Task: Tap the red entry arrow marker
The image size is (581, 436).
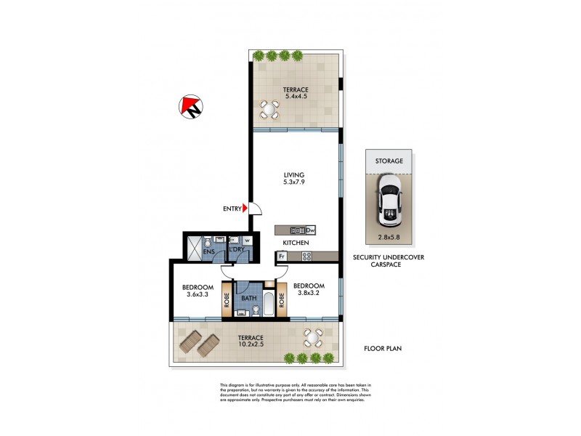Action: coord(245,209)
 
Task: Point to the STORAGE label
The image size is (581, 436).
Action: coord(389,161)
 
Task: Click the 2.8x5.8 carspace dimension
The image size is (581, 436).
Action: coord(390,237)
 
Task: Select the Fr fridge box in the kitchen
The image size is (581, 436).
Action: coord(280,256)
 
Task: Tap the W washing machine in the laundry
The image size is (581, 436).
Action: coord(247,241)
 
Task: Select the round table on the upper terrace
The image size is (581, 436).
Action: coord(269,110)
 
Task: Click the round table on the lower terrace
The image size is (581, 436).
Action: coord(312,337)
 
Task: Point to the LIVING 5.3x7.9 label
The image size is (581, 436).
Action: coord(294,179)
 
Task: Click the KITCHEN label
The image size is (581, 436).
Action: coord(296,243)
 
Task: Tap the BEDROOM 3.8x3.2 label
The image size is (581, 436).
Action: coord(309,290)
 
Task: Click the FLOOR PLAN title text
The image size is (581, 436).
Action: coord(383,349)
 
